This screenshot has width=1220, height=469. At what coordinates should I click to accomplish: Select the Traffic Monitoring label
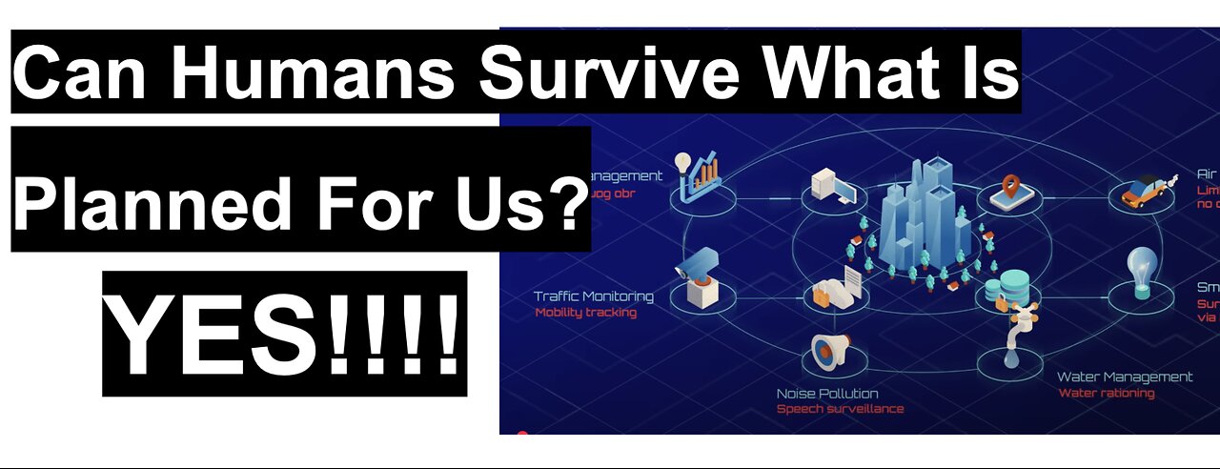click(593, 296)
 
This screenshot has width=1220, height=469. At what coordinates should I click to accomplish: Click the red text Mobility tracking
click(585, 313)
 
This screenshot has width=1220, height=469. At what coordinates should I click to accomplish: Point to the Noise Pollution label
click(826, 394)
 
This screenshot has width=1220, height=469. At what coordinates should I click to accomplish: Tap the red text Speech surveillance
click(840, 409)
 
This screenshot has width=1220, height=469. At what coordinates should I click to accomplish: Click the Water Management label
click(1125, 377)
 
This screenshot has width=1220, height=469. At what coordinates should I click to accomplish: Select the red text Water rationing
click(1106, 393)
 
